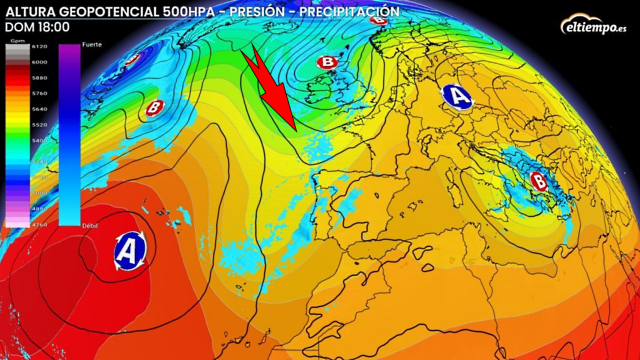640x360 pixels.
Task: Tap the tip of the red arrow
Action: (x=294, y=126)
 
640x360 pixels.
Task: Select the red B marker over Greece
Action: (x=540, y=181)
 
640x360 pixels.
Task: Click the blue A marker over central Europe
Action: (x=457, y=97)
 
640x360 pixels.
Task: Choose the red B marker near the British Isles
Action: (x=326, y=63)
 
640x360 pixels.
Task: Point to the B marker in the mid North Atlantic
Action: (x=154, y=107)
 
